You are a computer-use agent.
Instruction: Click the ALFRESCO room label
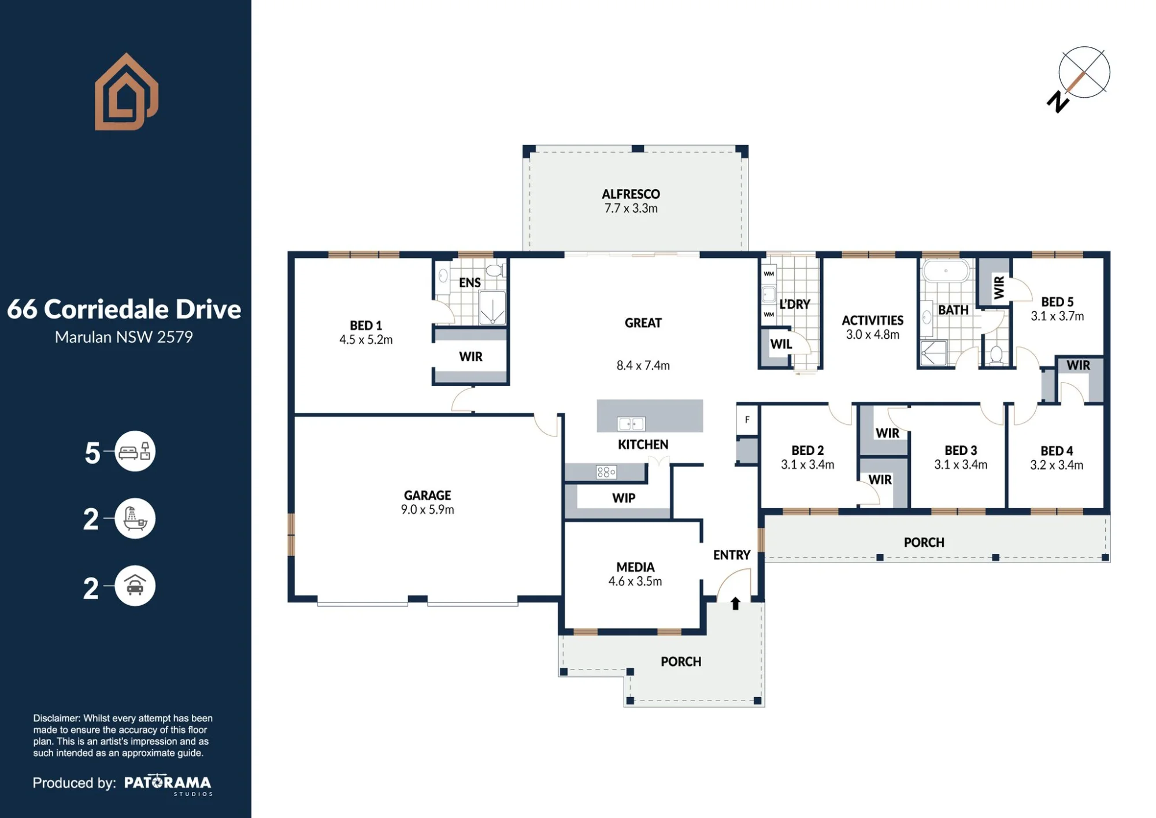tap(631, 194)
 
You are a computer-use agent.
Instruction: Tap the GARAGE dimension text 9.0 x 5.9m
tap(427, 510)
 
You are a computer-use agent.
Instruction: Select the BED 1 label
tap(366, 325)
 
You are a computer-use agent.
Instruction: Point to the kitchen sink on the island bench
tap(631, 424)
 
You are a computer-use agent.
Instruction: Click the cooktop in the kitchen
tap(606, 472)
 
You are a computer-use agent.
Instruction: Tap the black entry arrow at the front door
tap(735, 604)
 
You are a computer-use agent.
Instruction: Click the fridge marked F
tap(747, 420)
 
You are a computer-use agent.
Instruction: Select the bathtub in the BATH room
tap(946, 271)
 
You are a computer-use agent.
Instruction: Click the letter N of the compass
tap(1058, 102)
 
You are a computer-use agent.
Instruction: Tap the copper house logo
tap(127, 92)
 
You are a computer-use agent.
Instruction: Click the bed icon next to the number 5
tap(135, 451)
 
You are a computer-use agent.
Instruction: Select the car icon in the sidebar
tap(135, 586)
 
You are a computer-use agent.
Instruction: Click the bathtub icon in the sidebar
tap(135, 519)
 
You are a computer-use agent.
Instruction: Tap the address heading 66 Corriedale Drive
tap(124, 309)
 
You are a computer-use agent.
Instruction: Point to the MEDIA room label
tap(635, 567)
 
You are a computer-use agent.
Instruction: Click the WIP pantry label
tap(624, 498)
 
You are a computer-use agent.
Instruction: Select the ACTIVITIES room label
tap(872, 320)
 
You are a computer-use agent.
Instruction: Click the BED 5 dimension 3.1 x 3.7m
tap(1057, 316)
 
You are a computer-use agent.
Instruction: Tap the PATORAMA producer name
tap(168, 783)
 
